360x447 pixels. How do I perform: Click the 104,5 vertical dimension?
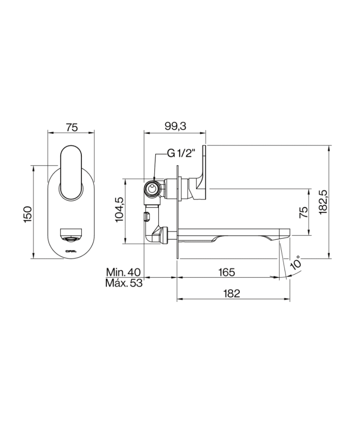(x=119, y=210)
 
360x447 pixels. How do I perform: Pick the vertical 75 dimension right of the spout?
(x=303, y=211)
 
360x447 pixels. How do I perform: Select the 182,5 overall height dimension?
(x=323, y=201)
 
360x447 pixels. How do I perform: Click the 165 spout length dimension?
(x=226, y=271)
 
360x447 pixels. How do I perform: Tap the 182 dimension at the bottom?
(x=232, y=293)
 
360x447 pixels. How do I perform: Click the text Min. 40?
(x=124, y=271)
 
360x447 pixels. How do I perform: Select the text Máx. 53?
(x=123, y=283)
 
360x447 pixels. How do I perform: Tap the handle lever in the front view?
(x=71, y=172)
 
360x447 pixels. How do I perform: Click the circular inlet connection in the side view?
(x=153, y=190)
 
